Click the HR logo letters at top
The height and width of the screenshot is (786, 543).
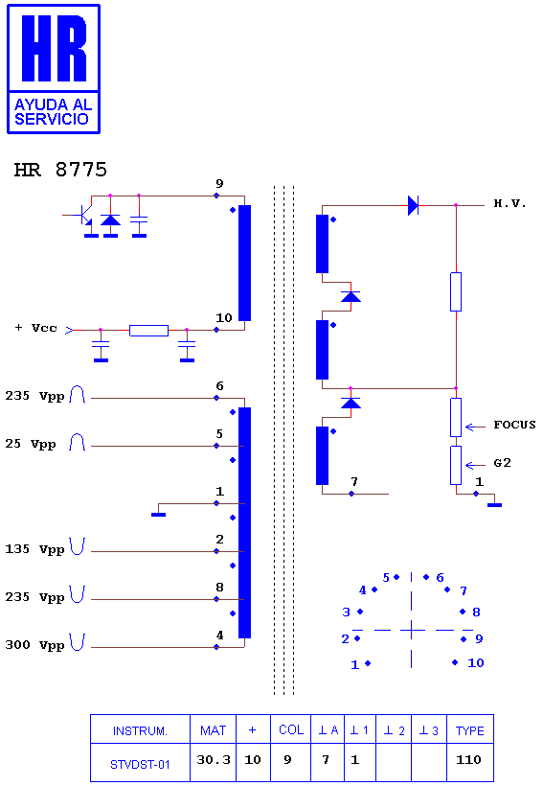54,48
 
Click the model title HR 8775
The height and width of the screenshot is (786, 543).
60,170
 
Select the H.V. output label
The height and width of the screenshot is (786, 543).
509,203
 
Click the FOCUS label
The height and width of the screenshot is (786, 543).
514,425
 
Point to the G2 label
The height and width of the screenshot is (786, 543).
503,463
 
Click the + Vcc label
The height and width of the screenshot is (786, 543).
36,328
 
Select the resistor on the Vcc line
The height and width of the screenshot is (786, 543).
148,331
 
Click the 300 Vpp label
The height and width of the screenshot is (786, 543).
35,645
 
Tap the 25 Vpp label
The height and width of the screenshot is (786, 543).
31,444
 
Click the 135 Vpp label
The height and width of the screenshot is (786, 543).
35,549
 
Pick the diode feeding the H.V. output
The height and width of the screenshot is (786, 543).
413,205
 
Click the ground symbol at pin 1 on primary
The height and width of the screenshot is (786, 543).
158,515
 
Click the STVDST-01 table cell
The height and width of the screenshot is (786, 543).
140,762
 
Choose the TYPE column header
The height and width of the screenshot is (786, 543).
470,730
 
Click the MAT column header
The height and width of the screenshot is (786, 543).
213,730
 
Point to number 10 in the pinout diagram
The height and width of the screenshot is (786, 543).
475,663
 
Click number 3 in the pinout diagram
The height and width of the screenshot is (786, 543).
346,613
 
